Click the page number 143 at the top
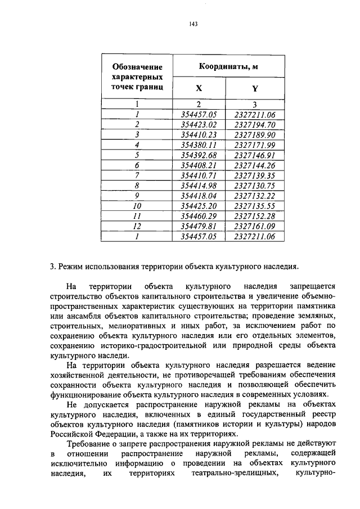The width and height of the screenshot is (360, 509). tap(193, 24)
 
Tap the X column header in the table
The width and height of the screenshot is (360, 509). tap(199, 88)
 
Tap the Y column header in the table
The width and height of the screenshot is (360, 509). tap(255, 88)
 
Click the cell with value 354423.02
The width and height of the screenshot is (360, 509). tap(199, 125)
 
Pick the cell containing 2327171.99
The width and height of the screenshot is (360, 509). tap(255, 145)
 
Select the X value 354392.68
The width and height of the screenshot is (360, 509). tap(199, 155)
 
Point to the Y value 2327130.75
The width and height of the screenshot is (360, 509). tap(255, 186)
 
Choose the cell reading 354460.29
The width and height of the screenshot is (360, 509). tap(199, 216)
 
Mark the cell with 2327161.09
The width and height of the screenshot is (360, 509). tap(255, 226)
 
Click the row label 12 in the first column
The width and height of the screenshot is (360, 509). tap(137, 226)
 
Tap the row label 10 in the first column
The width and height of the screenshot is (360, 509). tap(137, 206)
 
